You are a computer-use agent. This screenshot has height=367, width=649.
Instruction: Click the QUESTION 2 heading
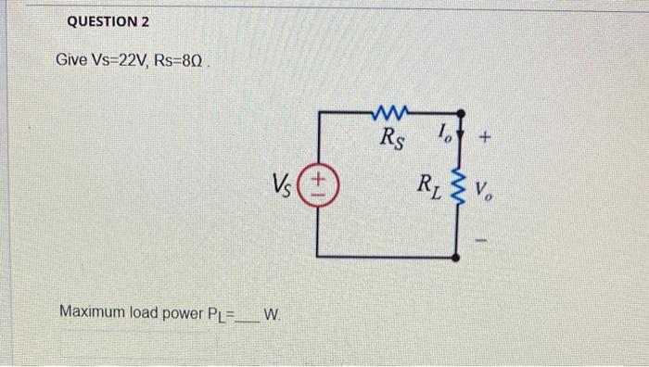point(108,21)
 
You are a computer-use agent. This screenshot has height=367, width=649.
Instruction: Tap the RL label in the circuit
point(430,183)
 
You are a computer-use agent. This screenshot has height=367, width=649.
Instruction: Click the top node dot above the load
point(456,113)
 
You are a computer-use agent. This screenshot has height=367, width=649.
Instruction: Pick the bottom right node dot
point(456,256)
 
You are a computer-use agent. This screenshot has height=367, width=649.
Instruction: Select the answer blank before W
point(248,313)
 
